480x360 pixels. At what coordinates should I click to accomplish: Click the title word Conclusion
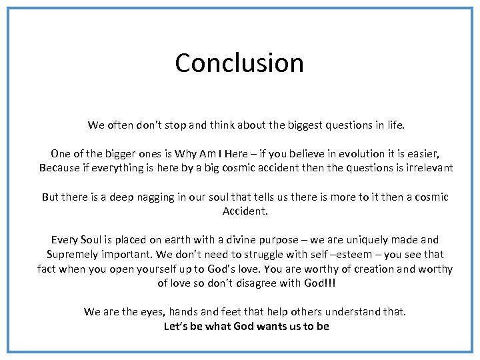pyautogui.click(x=239, y=63)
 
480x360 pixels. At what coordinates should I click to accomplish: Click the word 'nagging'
pyautogui.click(x=157, y=197)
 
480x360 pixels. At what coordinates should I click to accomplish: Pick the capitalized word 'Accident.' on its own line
pyautogui.click(x=245, y=211)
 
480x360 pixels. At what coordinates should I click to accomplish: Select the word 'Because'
pyautogui.click(x=59, y=168)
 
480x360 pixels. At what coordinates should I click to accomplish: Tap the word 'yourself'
pyautogui.click(x=174, y=269)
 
